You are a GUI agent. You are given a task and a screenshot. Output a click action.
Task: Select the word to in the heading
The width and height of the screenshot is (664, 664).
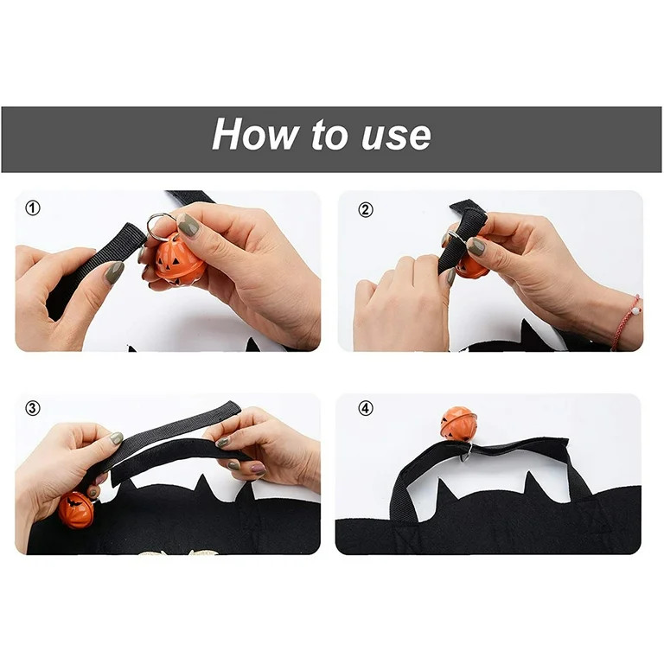pos(325,136)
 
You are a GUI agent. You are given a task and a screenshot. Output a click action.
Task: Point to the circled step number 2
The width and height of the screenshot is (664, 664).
pos(366,208)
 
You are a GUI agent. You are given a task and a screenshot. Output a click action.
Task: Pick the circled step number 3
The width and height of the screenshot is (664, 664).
pos(33,409)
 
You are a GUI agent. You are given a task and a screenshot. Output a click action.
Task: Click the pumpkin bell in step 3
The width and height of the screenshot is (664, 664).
pos(76,510)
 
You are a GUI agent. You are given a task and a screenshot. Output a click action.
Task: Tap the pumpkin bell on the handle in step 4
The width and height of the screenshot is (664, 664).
pos(458,423)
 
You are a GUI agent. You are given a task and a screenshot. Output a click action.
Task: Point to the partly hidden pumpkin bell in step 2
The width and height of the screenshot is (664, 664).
pos(472,267)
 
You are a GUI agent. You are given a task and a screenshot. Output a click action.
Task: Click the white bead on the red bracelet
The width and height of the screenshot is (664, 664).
pos(636,304)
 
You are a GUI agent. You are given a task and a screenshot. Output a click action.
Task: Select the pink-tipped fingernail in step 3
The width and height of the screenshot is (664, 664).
pos(258,468)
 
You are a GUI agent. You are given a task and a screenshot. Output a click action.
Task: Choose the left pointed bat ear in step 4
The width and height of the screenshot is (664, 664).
pos(445,493)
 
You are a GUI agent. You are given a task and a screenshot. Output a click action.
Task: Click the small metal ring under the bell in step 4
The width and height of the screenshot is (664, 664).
pos(467,450)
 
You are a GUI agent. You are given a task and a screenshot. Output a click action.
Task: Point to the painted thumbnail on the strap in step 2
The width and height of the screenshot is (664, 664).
pos(476,246)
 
